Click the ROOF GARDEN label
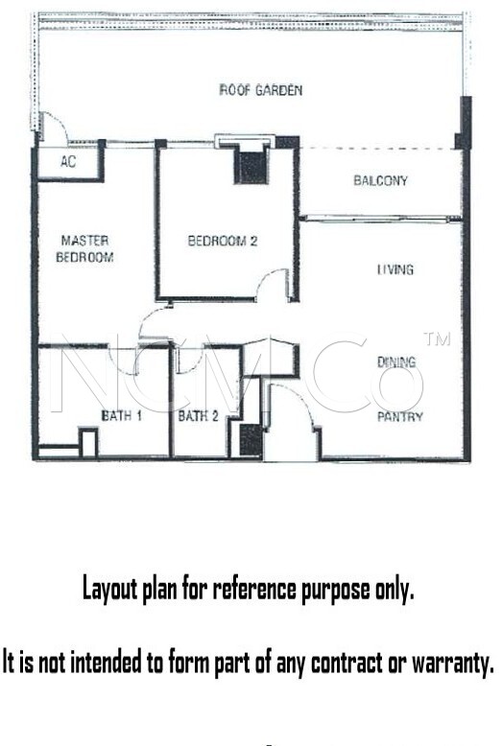260,90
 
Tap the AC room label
68,162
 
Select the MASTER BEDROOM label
84,248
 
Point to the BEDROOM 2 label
223,241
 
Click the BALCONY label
380,180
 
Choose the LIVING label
395,269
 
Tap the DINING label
396,362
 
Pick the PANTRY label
400,417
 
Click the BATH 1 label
122,415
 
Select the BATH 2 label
198,416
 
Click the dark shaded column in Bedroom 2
251,168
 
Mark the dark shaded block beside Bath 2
251,440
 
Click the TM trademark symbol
437,338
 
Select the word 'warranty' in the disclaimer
452,663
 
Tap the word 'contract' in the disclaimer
347,663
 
